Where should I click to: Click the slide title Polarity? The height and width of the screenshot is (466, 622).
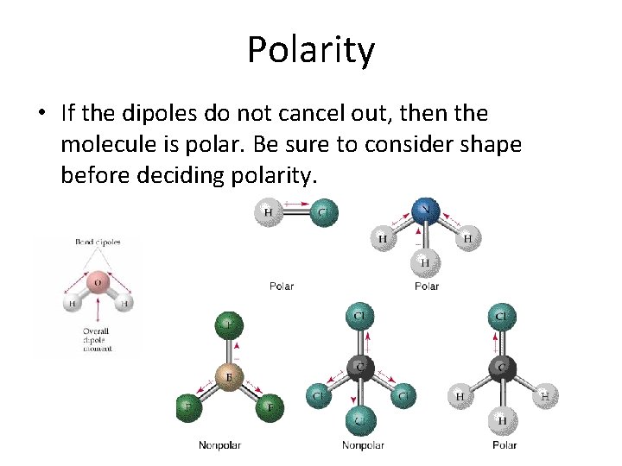point(311,49)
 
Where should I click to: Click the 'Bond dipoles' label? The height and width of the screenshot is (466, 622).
point(97,242)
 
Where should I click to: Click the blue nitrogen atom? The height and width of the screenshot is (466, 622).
point(424,210)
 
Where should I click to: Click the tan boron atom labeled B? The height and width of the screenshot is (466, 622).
point(230,376)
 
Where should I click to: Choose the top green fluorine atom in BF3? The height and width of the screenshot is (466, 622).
point(230,325)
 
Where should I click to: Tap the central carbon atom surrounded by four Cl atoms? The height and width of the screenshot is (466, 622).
point(359,369)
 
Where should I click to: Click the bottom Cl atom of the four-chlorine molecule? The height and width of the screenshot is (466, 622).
point(359,421)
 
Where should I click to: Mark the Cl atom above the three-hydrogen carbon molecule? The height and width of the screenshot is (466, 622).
point(502,318)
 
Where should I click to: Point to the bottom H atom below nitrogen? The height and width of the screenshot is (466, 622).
point(424,261)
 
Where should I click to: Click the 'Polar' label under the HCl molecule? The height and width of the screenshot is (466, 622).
point(282,286)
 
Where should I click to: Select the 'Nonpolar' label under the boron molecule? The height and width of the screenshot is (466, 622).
point(219,445)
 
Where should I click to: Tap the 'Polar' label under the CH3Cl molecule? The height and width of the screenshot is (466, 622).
point(504,445)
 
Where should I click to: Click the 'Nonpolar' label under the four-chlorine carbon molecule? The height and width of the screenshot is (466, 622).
point(363,445)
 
